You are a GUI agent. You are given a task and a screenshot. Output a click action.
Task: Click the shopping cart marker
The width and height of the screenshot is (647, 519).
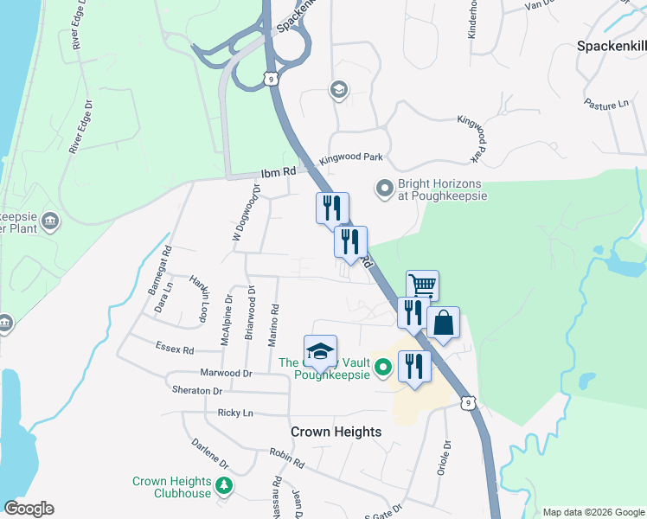[x=422, y=285]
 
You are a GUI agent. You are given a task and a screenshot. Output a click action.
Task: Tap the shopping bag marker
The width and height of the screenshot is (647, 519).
[x=443, y=323]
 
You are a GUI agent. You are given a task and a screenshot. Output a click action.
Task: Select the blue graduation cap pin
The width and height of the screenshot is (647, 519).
[x=320, y=350]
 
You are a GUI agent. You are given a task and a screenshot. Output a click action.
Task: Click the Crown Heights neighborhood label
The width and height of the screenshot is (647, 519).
[x=336, y=432]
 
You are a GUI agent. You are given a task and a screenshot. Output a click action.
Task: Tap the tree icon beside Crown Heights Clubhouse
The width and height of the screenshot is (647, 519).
[x=224, y=487]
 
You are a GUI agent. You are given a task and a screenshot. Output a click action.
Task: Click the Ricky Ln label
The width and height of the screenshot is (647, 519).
[x=234, y=413]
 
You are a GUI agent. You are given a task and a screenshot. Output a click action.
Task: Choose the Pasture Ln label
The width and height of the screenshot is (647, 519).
[x=605, y=103]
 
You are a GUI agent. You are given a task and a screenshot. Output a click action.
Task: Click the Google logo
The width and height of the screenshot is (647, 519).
[x=29, y=509]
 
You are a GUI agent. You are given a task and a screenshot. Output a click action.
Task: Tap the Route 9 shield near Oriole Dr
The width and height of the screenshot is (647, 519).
[x=467, y=402]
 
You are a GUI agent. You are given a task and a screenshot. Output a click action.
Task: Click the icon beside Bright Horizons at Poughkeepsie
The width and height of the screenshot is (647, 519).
[x=383, y=188]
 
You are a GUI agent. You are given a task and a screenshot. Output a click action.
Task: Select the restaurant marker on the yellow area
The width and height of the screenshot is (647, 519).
[x=414, y=366]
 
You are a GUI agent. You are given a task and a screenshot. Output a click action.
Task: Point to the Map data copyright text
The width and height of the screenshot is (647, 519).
[x=593, y=512]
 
